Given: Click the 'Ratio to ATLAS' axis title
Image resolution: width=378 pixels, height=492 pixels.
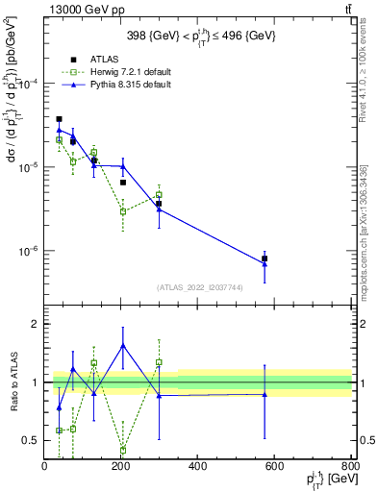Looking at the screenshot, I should click(13, 382).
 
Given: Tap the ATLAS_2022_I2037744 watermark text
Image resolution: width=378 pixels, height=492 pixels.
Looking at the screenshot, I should click(198, 287).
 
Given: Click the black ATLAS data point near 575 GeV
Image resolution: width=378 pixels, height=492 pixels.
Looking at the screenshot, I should click(265, 258).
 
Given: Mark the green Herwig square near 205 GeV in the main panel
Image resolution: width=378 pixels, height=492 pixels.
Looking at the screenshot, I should click(123, 211).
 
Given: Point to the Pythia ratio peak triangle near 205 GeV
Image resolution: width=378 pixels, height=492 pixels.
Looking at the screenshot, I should click(123, 345).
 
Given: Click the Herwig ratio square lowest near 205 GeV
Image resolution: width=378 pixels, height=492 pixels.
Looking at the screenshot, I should click(123, 449).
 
